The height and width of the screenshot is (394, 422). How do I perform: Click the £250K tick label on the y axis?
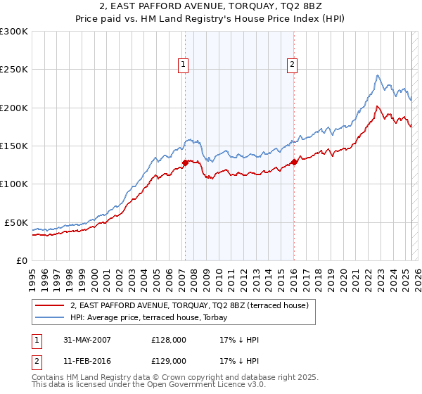coord(14,70)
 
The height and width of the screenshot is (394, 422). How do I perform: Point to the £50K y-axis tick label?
coord(16,222)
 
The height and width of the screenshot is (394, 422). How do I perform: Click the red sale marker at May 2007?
coord(185,163)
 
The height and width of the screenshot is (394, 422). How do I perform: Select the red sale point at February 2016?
coord(293,162)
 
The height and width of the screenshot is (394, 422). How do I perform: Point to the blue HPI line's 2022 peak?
coord(378,75)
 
